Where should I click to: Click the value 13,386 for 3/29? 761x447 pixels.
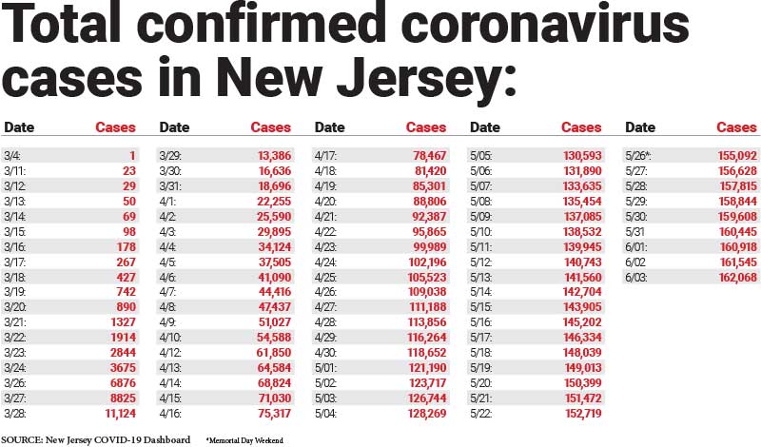point(272,154)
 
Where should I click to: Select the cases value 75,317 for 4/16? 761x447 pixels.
point(272,415)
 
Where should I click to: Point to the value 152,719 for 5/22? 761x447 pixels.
point(581,415)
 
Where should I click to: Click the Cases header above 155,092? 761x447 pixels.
point(736,127)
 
